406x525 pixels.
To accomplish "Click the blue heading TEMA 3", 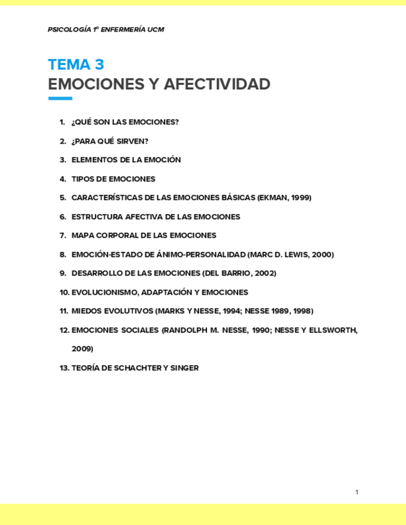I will click(76, 65).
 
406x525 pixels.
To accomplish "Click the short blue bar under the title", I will click(60, 98).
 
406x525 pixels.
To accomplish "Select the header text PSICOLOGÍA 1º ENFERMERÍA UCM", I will click(106, 30).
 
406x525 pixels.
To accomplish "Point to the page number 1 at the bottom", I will click(357, 492).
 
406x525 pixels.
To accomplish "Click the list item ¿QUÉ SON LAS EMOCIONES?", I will click(125, 122).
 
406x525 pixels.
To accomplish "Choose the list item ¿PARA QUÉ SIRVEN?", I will click(110, 141).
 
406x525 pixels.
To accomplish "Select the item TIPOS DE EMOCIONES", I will click(113, 179).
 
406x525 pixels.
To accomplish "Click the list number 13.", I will click(64, 368).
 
